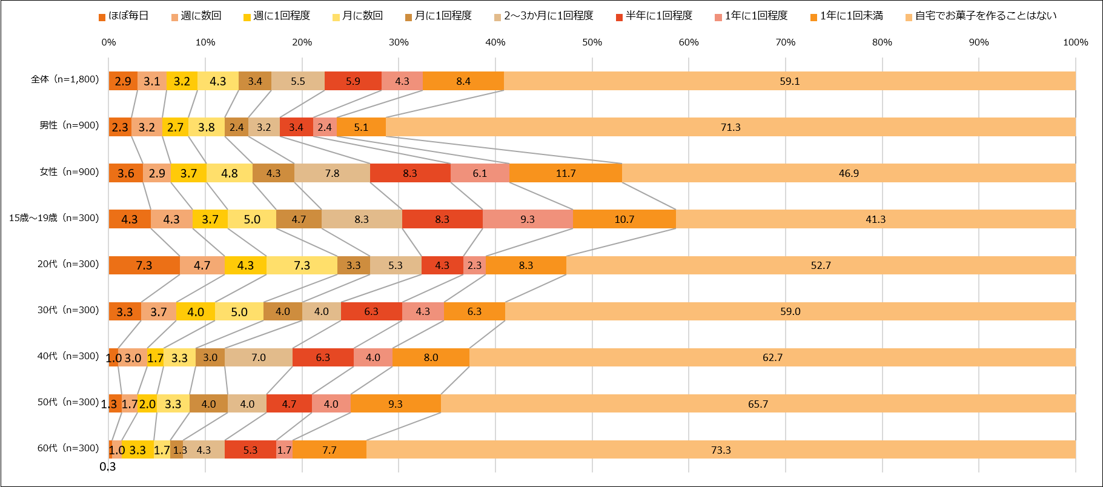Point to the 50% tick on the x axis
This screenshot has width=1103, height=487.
592,42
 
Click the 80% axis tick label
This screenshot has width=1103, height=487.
882,42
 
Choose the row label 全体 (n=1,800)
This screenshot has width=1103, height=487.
65,79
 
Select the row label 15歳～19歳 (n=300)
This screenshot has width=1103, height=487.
54,218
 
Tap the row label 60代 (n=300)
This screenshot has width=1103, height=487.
68,448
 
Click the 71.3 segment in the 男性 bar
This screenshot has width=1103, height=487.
730,127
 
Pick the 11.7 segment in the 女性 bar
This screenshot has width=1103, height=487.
566,173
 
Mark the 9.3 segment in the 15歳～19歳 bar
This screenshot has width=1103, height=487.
528,219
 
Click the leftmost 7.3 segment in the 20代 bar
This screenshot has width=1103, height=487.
144,265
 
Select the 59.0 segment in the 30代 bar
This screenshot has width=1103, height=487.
790,311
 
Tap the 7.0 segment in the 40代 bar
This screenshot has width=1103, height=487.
259,357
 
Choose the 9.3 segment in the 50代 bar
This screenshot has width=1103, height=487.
396,404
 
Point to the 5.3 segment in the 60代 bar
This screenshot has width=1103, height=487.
250,450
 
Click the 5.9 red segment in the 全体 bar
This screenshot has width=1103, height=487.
353,81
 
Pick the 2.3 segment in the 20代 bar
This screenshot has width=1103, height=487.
475,265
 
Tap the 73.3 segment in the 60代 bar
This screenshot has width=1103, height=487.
721,450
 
